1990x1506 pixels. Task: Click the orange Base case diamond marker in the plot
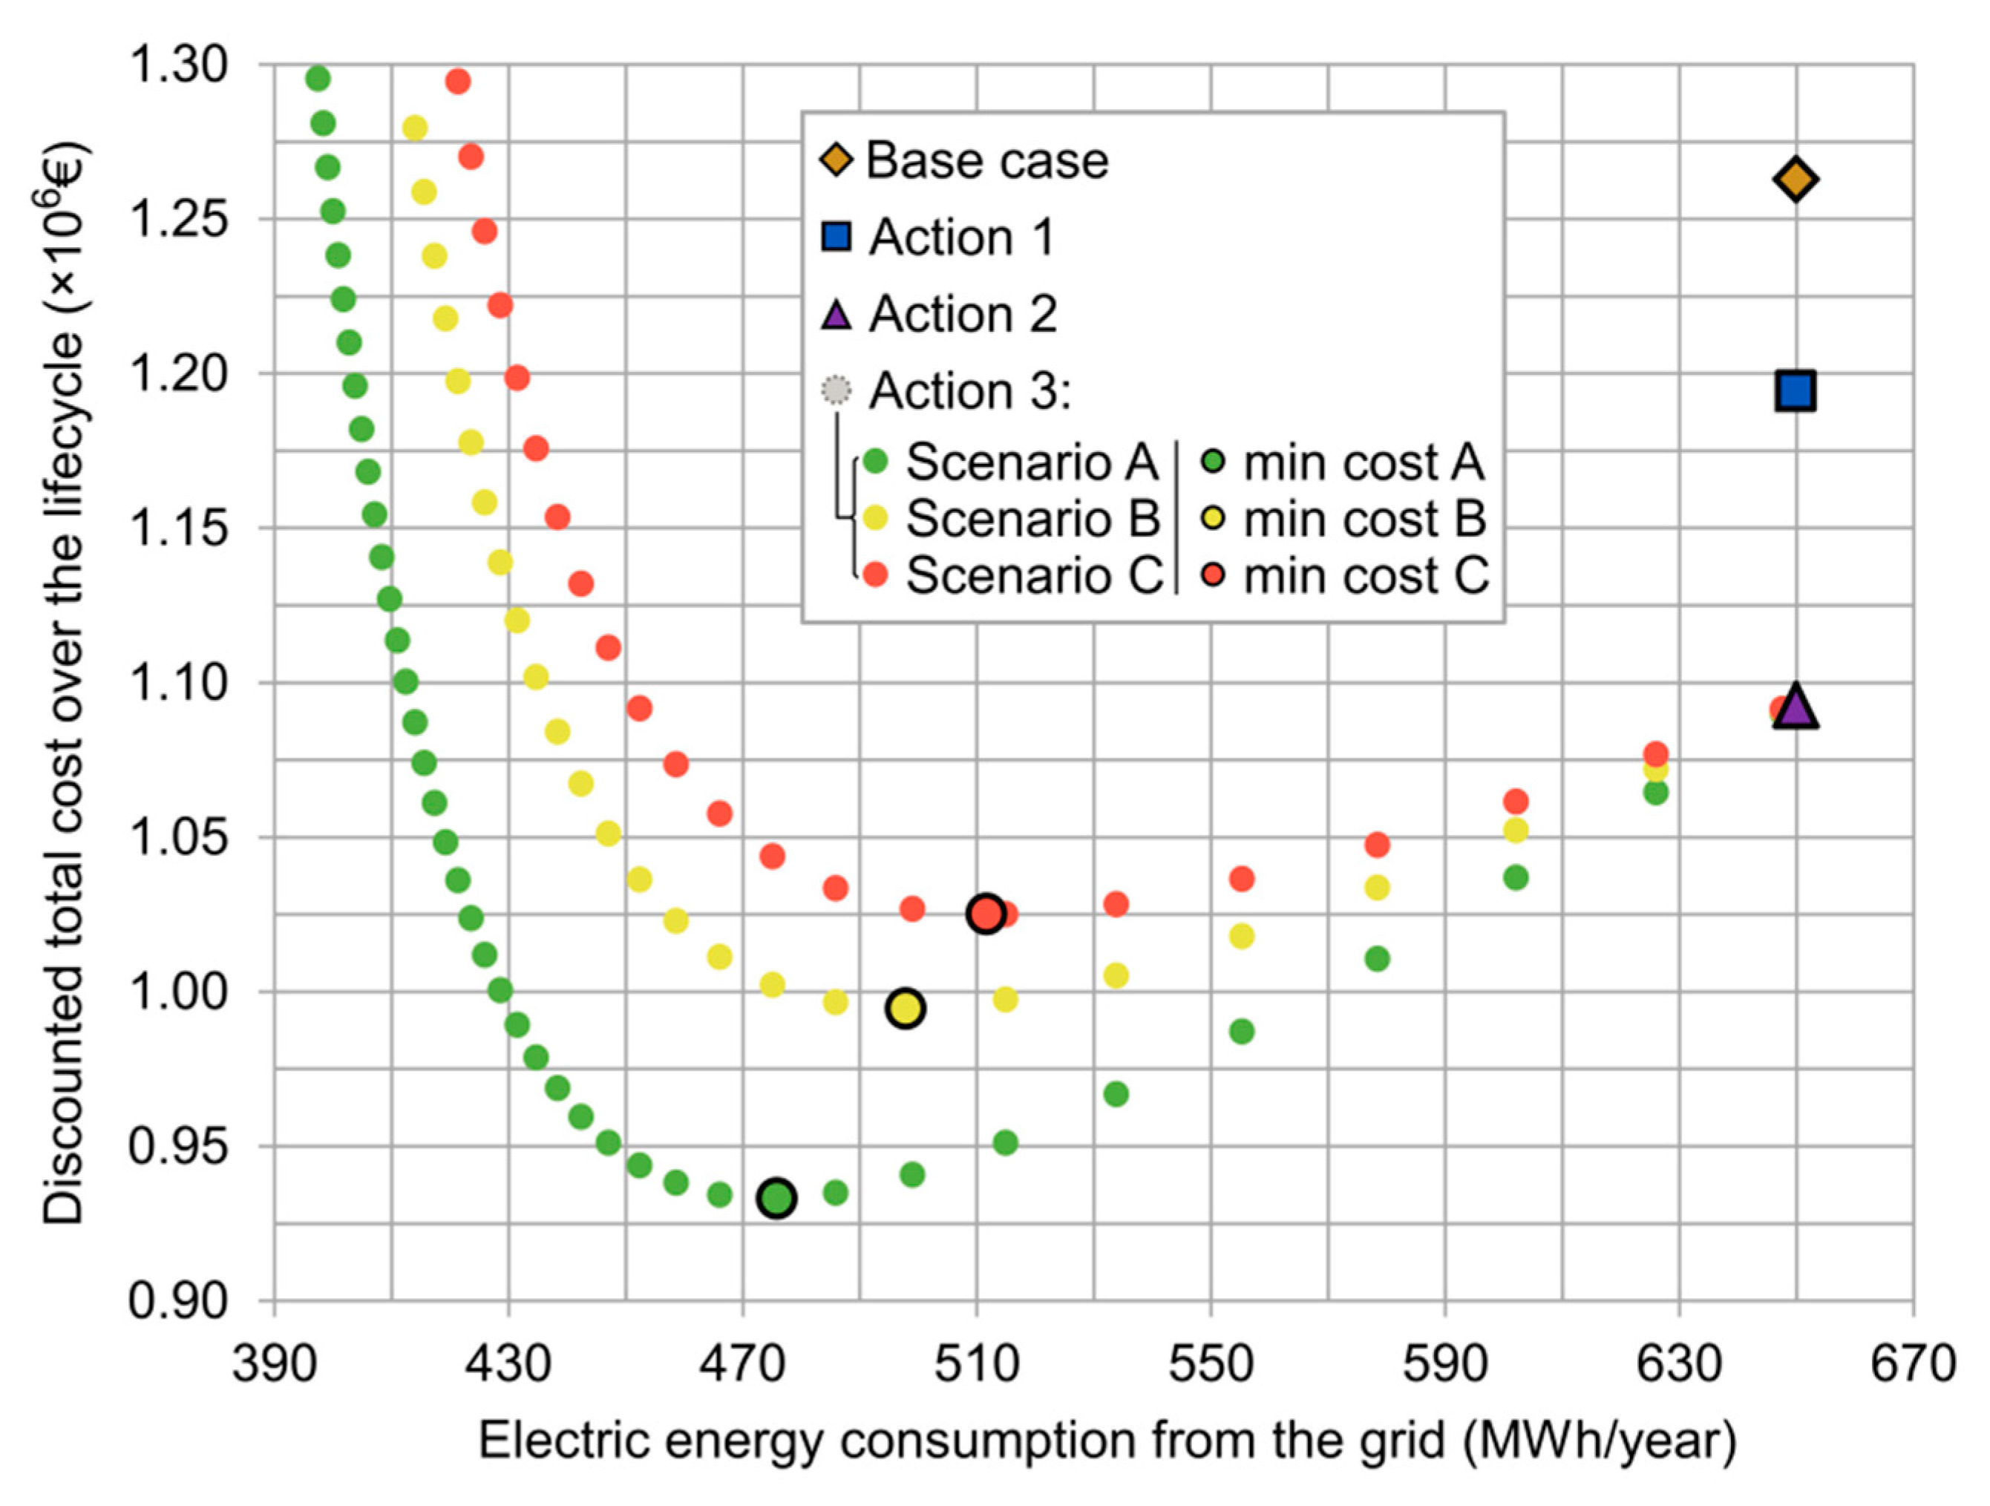pyautogui.click(x=1795, y=179)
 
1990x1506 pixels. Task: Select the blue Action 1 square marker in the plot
pyautogui.click(x=1795, y=390)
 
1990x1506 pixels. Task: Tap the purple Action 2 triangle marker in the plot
pyautogui.click(x=1795, y=706)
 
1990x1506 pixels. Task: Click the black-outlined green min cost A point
pyautogui.click(x=776, y=1198)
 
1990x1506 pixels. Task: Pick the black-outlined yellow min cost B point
pyautogui.click(x=906, y=1009)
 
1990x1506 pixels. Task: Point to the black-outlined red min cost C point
pyautogui.click(x=986, y=914)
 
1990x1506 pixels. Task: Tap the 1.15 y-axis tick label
pyautogui.click(x=178, y=528)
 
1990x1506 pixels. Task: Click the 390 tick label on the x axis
pyautogui.click(x=275, y=1363)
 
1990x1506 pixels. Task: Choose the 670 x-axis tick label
pyautogui.click(x=1913, y=1363)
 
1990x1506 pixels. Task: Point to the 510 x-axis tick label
pyautogui.click(x=977, y=1363)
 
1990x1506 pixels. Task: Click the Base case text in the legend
pyautogui.click(x=987, y=161)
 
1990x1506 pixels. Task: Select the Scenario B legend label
pyautogui.click(x=1032, y=518)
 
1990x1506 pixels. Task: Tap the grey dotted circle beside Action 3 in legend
pyautogui.click(x=836, y=390)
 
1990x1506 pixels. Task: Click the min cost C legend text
pyautogui.click(x=1365, y=576)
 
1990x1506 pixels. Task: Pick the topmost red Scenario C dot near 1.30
pyautogui.click(x=458, y=82)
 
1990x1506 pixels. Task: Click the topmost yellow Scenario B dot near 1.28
pyautogui.click(x=414, y=128)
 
